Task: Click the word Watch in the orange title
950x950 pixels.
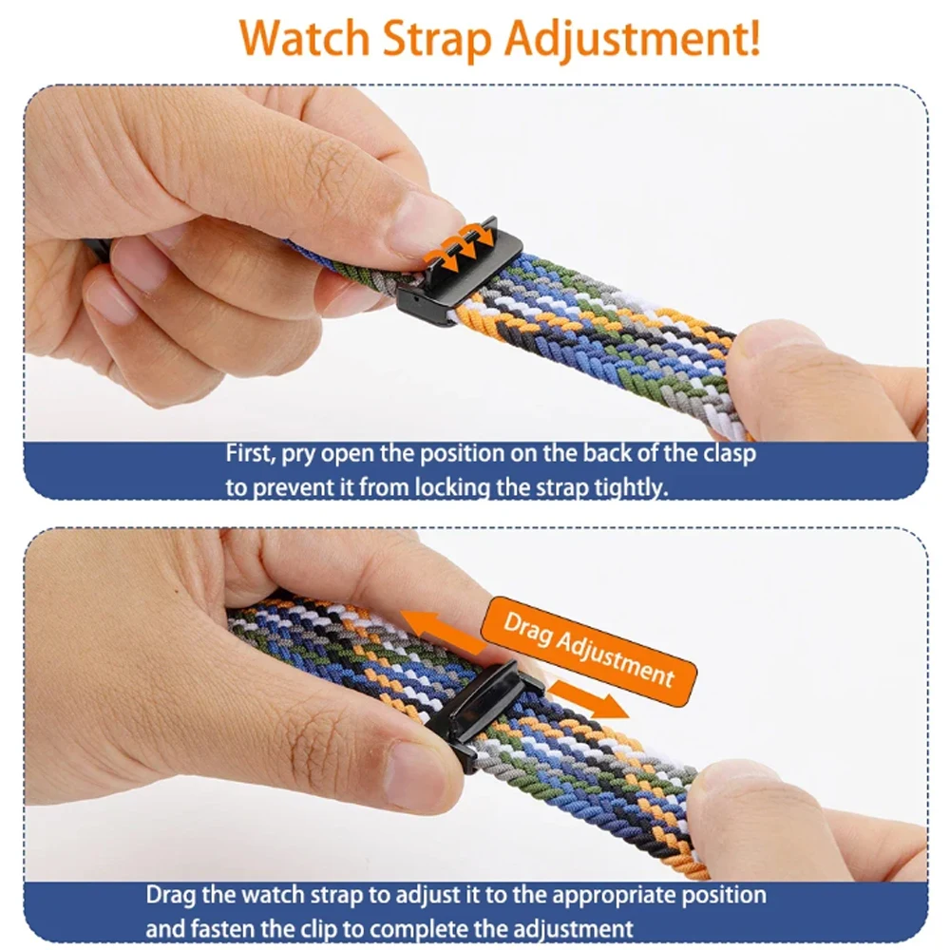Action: (x=304, y=38)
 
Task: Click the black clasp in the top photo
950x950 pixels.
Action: (x=459, y=273)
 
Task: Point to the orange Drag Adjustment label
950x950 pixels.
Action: (x=588, y=650)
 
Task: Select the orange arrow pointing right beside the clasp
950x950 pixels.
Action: (x=588, y=698)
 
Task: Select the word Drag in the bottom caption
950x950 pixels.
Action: (x=171, y=896)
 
